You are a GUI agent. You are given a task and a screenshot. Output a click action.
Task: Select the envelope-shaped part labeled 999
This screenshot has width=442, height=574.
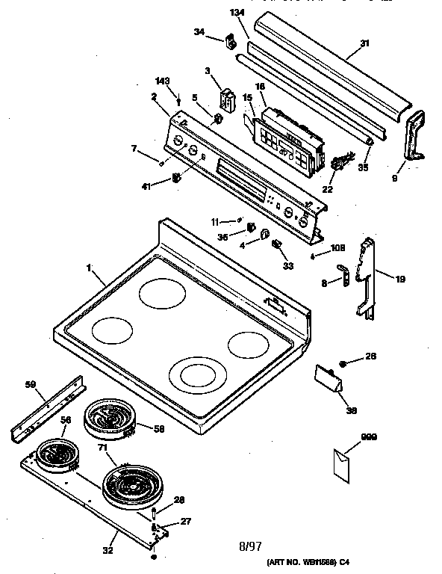click(344, 460)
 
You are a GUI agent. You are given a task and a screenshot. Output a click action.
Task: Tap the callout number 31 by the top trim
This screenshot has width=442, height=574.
click(364, 44)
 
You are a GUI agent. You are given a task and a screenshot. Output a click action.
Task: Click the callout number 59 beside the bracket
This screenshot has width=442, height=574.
click(31, 386)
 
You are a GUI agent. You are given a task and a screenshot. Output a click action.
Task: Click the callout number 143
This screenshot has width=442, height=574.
click(162, 81)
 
